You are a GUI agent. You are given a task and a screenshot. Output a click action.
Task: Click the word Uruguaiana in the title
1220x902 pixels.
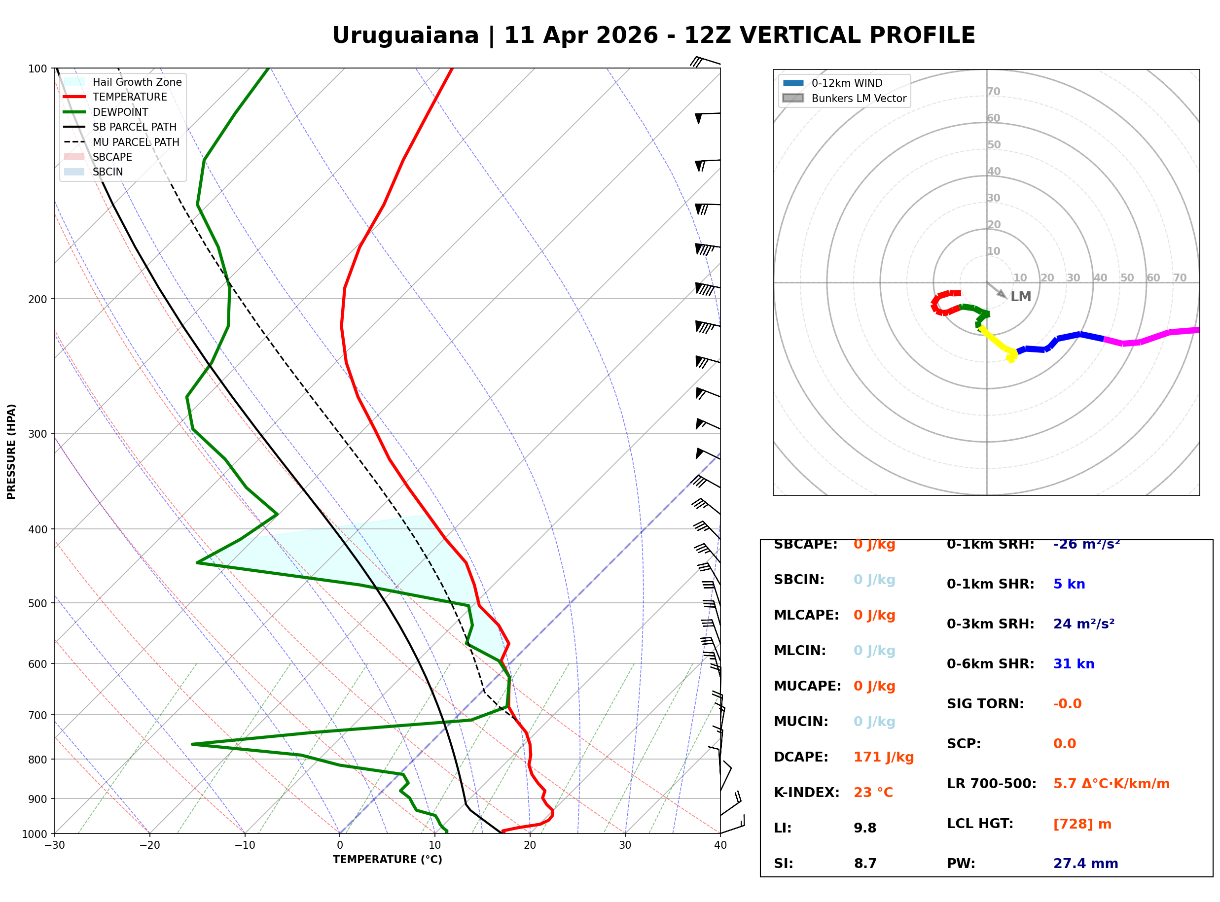click(405, 35)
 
